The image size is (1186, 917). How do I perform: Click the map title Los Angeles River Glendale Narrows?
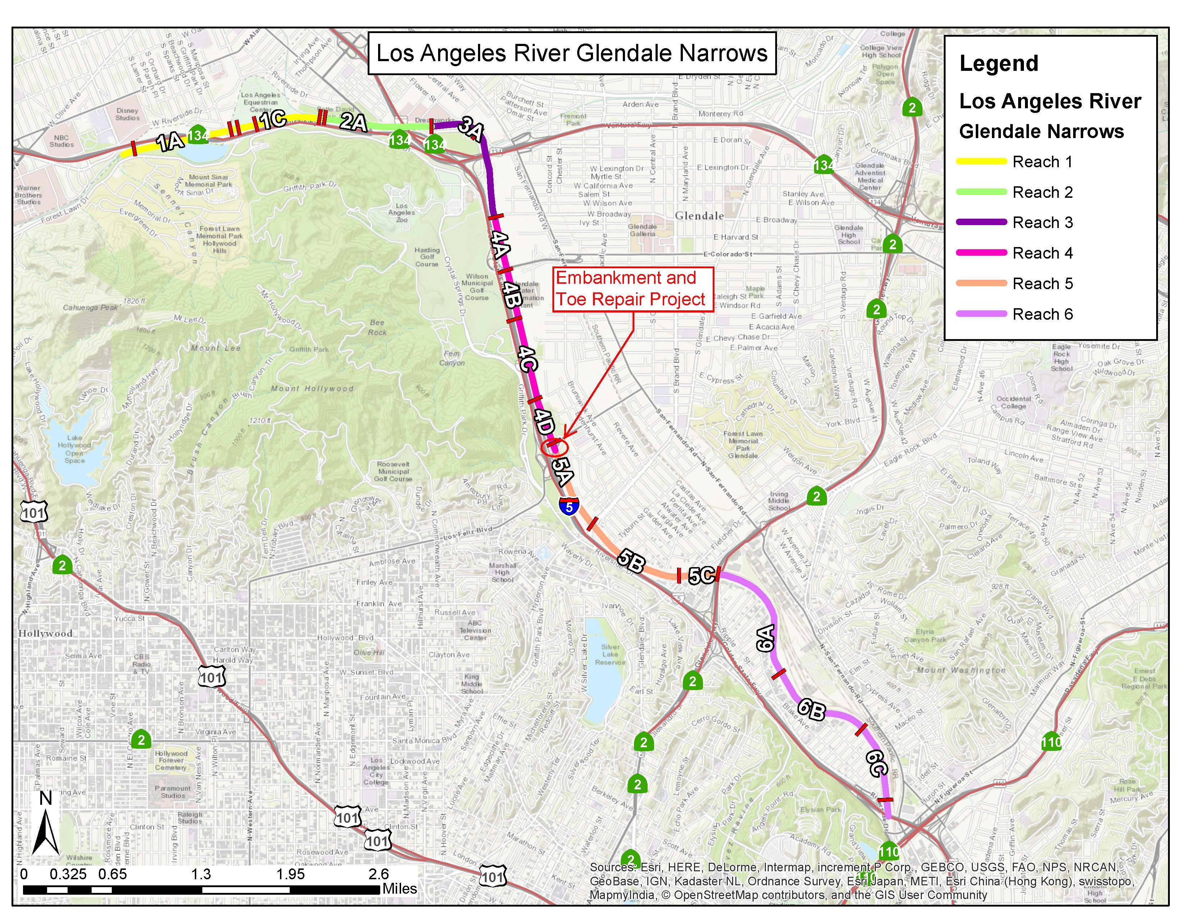pyautogui.click(x=571, y=53)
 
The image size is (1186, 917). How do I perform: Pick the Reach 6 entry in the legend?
pyautogui.click(x=1015, y=314)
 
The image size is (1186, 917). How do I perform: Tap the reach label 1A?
pyautogui.click(x=170, y=142)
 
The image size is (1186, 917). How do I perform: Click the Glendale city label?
pyautogui.click(x=699, y=216)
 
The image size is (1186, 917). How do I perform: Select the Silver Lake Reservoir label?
pyautogui.click(x=610, y=654)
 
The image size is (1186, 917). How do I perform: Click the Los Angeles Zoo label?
pyautogui.click(x=401, y=213)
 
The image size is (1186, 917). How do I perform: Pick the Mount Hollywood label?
pyautogui.click(x=312, y=388)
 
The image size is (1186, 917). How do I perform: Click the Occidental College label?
pyautogui.click(x=1013, y=402)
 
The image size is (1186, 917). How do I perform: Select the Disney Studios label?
pyautogui.click(x=128, y=114)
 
